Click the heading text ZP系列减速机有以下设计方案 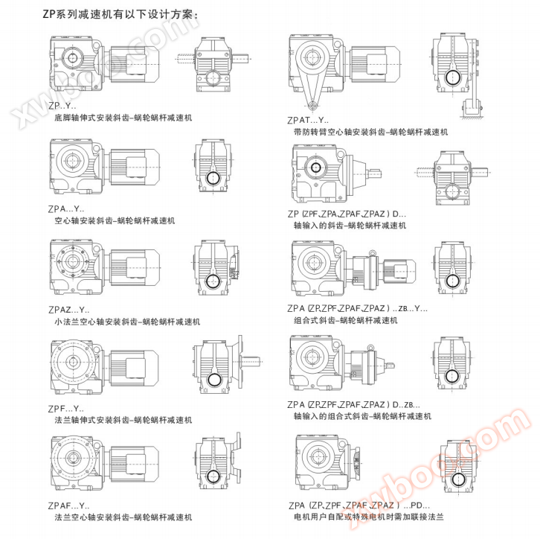click(x=120, y=14)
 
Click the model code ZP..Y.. click(x=62, y=106)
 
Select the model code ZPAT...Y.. click(x=308, y=120)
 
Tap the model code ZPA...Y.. click(x=66, y=208)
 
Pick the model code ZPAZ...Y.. click(x=69, y=310)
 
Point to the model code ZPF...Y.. click(x=65, y=409)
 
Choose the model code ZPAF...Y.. click(x=68, y=505)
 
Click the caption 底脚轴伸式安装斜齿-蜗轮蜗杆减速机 click(x=123, y=118)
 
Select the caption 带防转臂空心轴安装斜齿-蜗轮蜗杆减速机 click(x=370, y=132)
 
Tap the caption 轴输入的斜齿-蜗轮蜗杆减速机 click(x=350, y=226)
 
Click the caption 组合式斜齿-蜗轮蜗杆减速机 click(x=346, y=321)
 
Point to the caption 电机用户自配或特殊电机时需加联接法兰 click(x=368, y=517)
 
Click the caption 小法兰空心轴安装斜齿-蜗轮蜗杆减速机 click(x=127, y=322)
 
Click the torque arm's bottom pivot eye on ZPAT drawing click(x=312, y=105)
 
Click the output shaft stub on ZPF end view click(x=251, y=362)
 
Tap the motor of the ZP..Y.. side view click(x=135, y=64)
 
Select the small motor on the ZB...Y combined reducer click(x=399, y=269)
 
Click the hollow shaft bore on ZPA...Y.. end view click(x=213, y=178)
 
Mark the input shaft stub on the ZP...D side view click(x=375, y=172)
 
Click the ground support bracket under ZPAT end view click(x=472, y=109)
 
